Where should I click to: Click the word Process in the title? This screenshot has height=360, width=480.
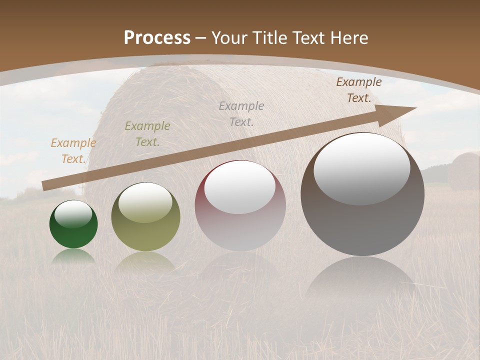coord(157,38)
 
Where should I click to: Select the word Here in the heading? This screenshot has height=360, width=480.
coord(348,38)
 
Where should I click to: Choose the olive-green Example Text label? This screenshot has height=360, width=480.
coord(147,134)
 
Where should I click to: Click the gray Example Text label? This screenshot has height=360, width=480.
coord(241,113)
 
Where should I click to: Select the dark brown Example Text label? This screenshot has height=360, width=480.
coord(359,90)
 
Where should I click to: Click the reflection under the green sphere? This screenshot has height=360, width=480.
coord(73,256)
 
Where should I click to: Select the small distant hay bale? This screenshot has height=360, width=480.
coord(463,170)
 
